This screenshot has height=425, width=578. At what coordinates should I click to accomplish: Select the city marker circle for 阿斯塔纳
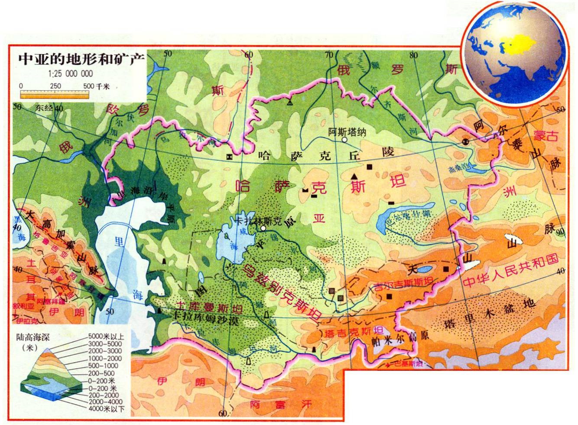pyautogui.click(x=344, y=140)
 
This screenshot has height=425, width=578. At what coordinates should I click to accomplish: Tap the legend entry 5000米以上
pyautogui.click(x=106, y=336)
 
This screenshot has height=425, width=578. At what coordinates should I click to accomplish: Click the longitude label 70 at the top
pyautogui.click(x=329, y=55)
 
